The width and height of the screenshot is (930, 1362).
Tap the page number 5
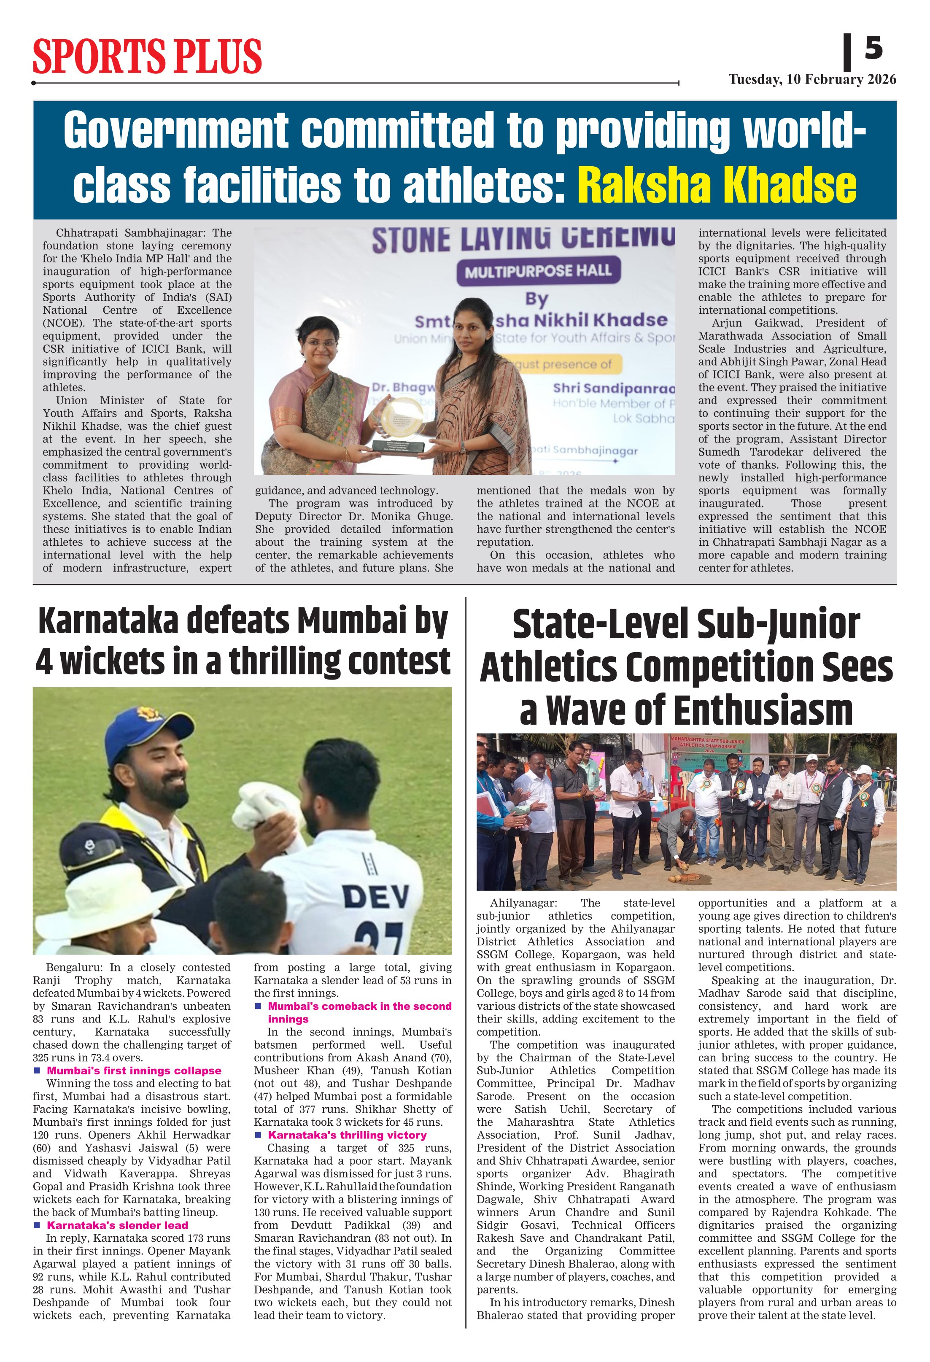click(873, 48)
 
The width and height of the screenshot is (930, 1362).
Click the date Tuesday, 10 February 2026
click(812, 80)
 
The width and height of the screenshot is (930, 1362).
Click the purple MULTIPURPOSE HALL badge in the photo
click(538, 271)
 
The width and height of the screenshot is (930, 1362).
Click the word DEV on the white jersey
click(376, 897)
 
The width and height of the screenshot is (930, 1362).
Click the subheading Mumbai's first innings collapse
click(134, 1071)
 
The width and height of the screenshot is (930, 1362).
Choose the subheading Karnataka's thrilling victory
click(347, 1135)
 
